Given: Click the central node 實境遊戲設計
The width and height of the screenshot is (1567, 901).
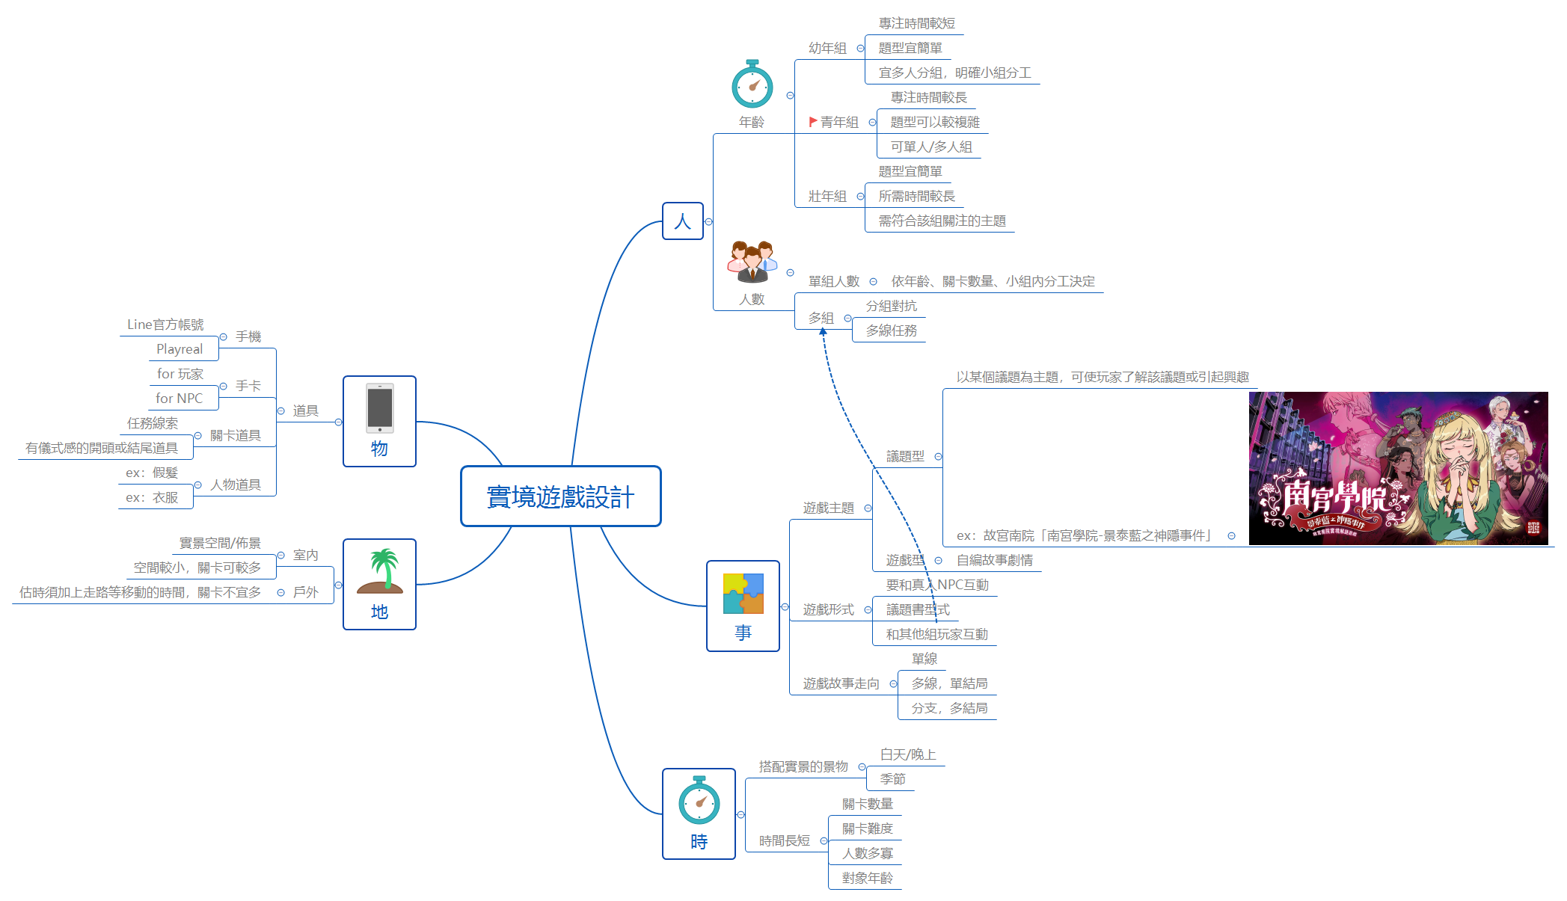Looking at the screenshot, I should [x=560, y=496].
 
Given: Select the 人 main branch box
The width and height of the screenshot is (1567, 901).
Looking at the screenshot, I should [x=682, y=221].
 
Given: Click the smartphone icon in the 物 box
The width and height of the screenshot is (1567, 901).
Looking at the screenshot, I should [x=379, y=408].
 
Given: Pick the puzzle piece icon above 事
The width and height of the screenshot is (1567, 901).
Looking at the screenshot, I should [x=743, y=594].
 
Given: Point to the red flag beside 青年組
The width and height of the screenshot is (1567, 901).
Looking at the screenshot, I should [x=812, y=121].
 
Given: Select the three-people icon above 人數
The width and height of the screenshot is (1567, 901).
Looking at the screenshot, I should [x=752, y=262].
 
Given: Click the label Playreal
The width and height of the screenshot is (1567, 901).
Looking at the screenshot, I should [x=179, y=349].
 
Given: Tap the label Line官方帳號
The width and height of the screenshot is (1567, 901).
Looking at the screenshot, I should [x=165, y=325].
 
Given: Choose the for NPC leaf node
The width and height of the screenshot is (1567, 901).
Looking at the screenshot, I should [x=179, y=399].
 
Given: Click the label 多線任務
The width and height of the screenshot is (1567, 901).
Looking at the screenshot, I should [x=891, y=330].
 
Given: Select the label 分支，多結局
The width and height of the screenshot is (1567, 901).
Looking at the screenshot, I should [x=948, y=708].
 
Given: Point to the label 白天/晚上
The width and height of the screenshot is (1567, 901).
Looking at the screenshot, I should [x=907, y=754].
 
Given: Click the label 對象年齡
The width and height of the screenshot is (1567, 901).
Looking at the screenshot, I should [x=867, y=878].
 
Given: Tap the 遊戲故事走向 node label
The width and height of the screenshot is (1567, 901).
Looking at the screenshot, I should [x=841, y=683].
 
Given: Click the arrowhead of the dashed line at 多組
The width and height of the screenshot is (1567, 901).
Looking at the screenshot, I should [x=823, y=331].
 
